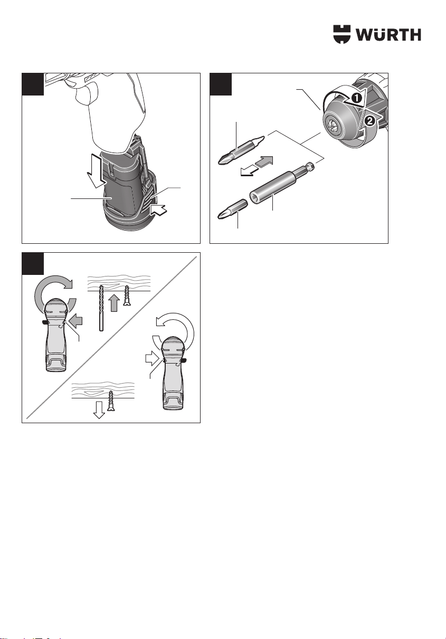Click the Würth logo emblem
point(341,34)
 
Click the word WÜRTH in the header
point(388,35)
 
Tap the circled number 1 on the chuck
point(356,99)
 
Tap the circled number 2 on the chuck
point(369,121)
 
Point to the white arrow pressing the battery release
point(158,211)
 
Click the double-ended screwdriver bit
point(241,150)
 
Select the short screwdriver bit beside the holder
point(230,209)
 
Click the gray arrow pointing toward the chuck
point(264,161)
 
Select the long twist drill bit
point(101,308)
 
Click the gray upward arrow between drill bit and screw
point(114,303)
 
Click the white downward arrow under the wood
point(99,409)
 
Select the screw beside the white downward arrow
point(111,401)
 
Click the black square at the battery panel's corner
point(33,84)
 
